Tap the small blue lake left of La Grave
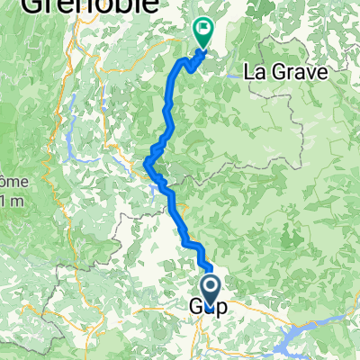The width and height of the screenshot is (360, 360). [236, 76]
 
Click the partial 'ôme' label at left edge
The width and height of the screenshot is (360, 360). [10, 180]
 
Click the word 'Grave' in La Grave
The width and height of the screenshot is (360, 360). [295, 72]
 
